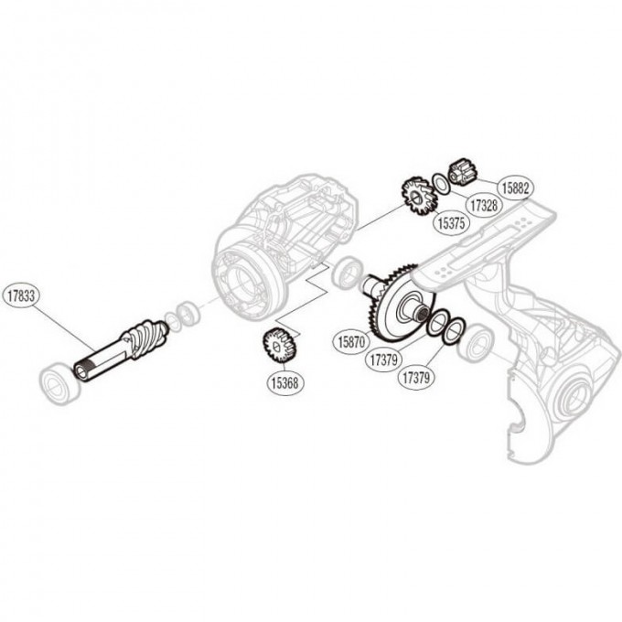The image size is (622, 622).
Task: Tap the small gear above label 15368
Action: [x=275, y=347]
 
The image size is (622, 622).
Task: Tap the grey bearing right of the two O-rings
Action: [x=477, y=341]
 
